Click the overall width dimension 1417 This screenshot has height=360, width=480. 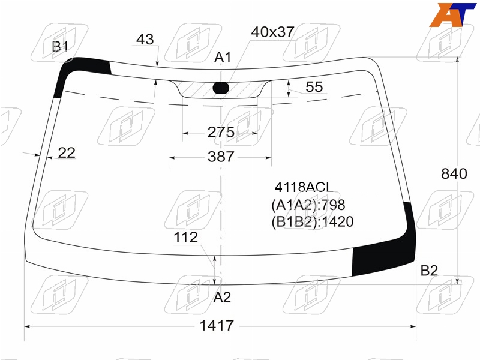point(217,325)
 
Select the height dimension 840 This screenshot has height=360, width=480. point(454,173)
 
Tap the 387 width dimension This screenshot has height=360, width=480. point(221,157)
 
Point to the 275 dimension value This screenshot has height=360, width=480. point(221,132)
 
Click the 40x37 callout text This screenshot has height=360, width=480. point(273,32)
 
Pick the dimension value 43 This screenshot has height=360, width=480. point(145,40)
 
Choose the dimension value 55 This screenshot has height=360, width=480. point(314,87)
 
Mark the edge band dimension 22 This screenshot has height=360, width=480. point(67,153)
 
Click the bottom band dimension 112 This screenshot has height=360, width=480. point(185,238)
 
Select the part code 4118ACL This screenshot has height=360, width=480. point(304,187)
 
